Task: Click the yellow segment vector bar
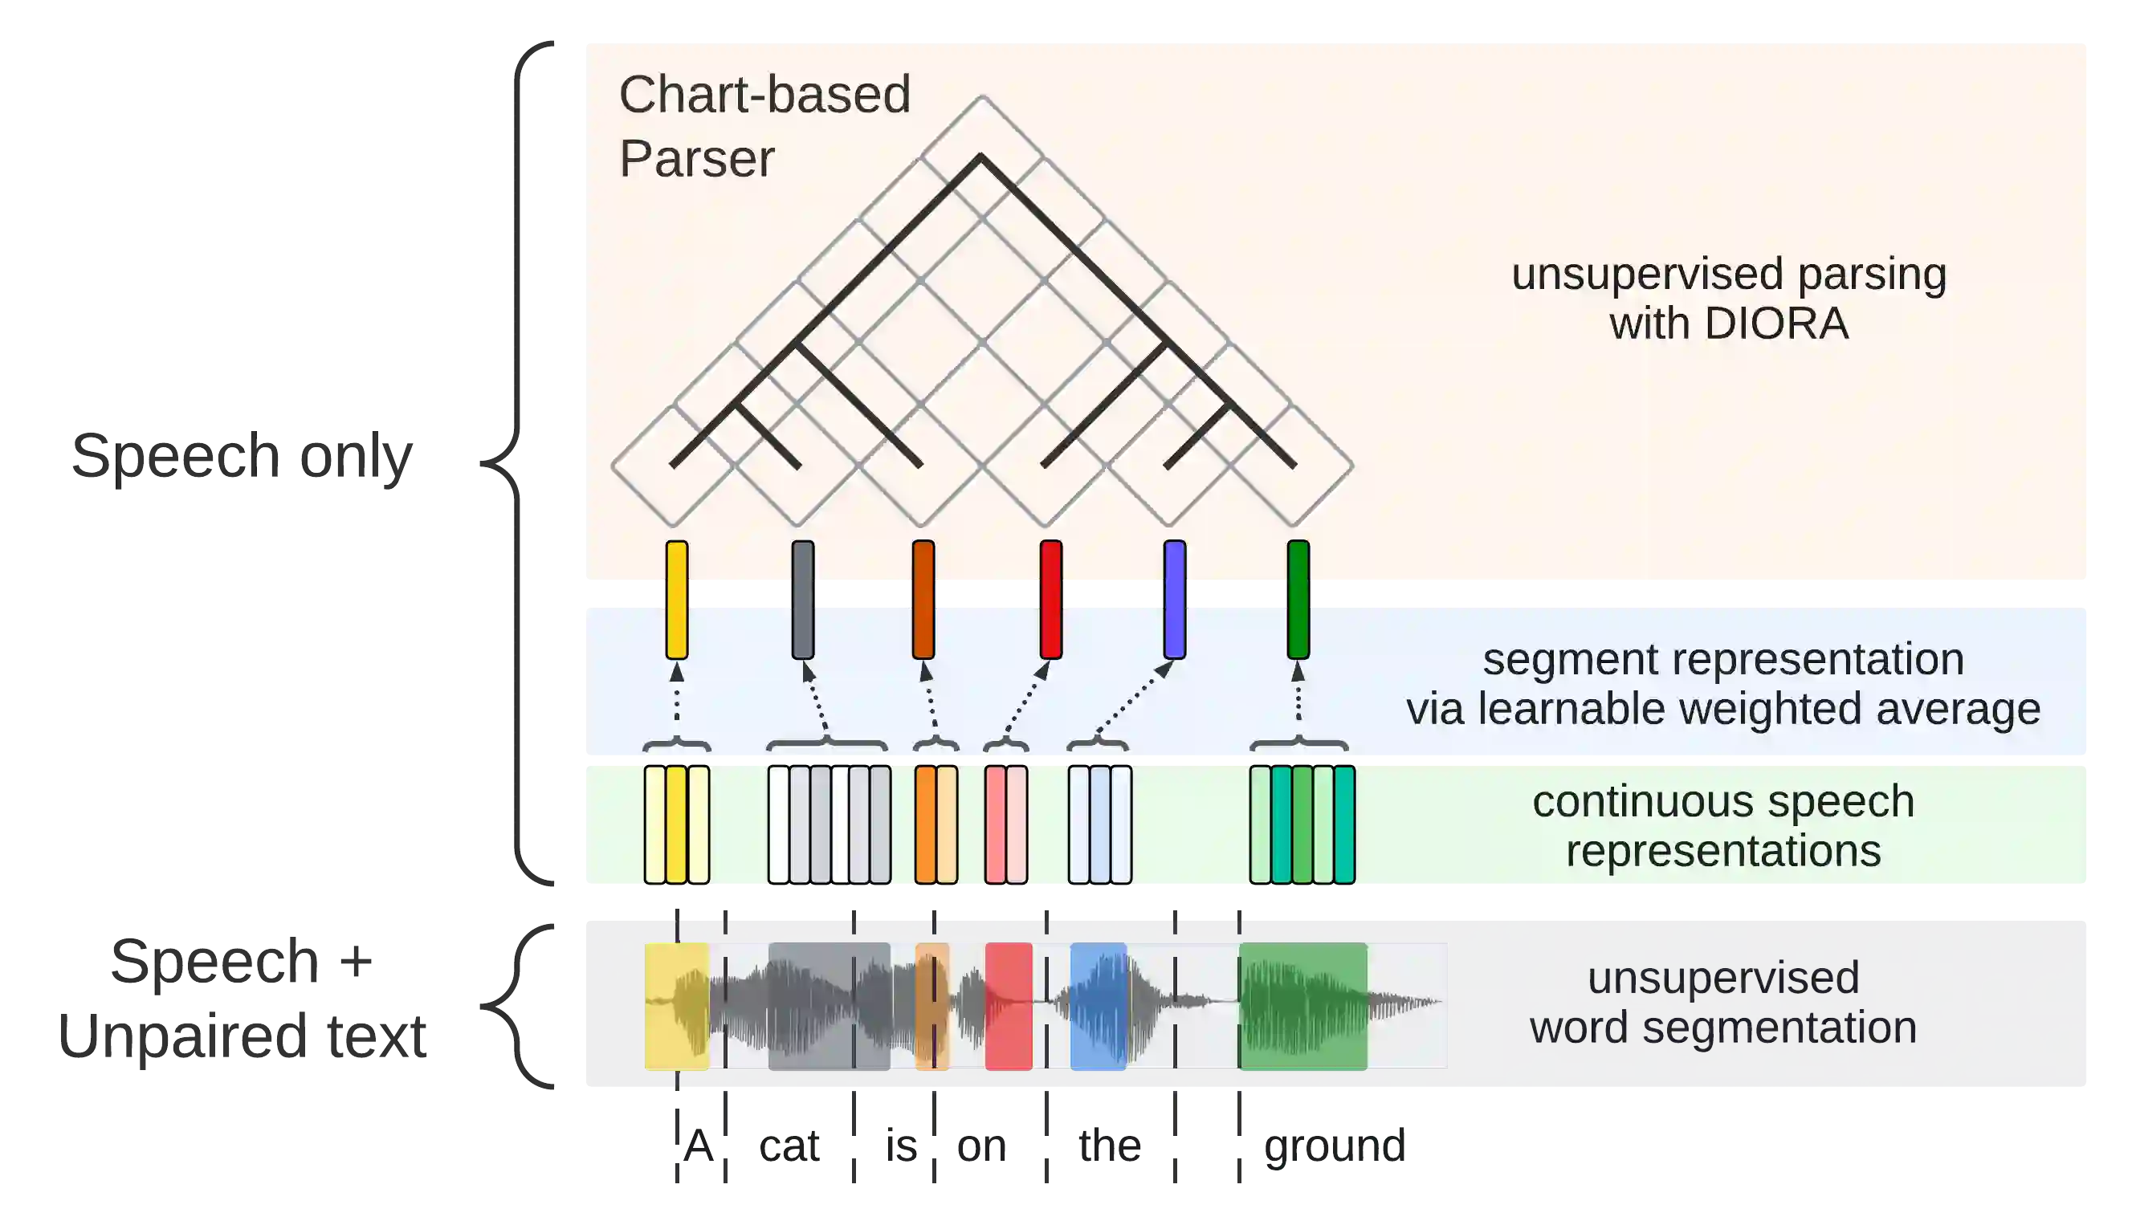tap(677, 600)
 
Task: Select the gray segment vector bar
tap(803, 600)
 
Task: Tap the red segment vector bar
tap(1051, 600)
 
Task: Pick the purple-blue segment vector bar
tap(1175, 600)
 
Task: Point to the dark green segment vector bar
tap(1298, 600)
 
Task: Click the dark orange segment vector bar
tap(923, 600)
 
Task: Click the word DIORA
tap(1775, 324)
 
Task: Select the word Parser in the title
tap(697, 158)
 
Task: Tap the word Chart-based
tap(764, 94)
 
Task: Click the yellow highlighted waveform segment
tap(676, 1006)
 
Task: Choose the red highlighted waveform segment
tap(1008, 1006)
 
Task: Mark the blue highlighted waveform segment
tap(1098, 1006)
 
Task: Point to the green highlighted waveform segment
tap(1302, 1006)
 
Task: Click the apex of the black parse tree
tap(981, 156)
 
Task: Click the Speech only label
tap(242, 458)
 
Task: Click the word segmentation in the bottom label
tap(1779, 1028)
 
